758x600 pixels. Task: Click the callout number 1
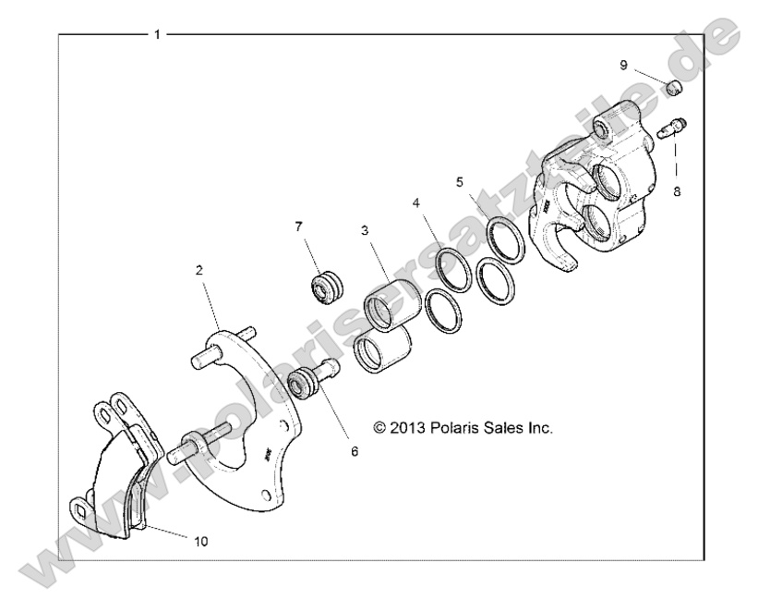158,34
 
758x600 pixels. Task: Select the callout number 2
199,270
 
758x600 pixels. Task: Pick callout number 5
459,181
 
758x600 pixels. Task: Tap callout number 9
624,65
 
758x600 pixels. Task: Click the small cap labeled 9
674,89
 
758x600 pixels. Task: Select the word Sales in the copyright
511,428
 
